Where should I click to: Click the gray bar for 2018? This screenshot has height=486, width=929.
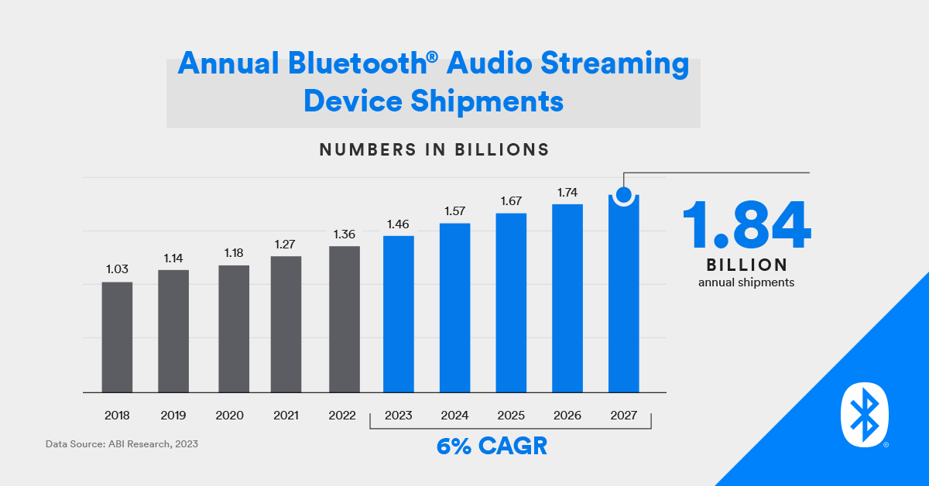coord(117,337)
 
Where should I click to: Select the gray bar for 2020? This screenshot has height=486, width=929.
coord(233,329)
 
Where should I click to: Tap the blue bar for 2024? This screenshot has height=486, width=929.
coord(454,308)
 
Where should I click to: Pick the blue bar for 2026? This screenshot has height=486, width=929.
coord(567,298)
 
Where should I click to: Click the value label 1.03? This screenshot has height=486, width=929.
coord(117,269)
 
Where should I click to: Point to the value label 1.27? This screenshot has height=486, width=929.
coord(286,244)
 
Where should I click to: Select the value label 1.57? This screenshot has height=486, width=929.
coord(454,210)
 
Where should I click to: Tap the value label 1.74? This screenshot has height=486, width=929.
coord(567,191)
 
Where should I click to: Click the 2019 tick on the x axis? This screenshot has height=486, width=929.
coord(173,416)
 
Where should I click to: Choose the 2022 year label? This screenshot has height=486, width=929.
coord(342,416)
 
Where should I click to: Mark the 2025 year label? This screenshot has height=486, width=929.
coord(511,416)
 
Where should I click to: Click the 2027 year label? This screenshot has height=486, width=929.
coord(623,416)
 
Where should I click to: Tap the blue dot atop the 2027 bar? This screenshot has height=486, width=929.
coord(623,194)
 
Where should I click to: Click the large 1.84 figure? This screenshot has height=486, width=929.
coord(746,224)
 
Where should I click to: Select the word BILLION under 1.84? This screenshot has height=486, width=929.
coord(746,265)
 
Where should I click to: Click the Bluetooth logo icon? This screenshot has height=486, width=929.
coord(864,417)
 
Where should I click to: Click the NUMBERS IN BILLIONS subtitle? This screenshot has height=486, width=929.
coord(434,149)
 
